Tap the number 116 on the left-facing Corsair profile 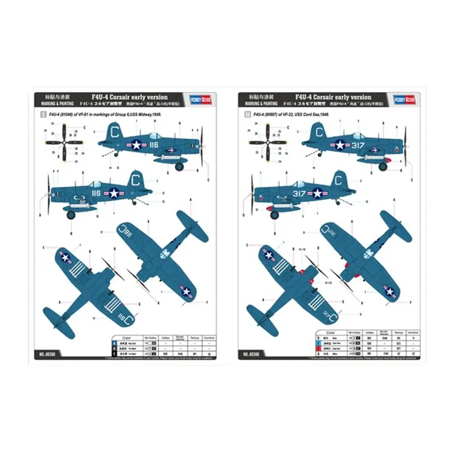(96, 193)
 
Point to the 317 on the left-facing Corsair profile (299, 193)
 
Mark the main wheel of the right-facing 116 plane (179, 167)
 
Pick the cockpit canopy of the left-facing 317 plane (299, 184)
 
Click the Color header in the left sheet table (126, 337)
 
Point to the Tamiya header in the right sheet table (399, 332)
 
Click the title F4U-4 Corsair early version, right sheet (333, 97)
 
